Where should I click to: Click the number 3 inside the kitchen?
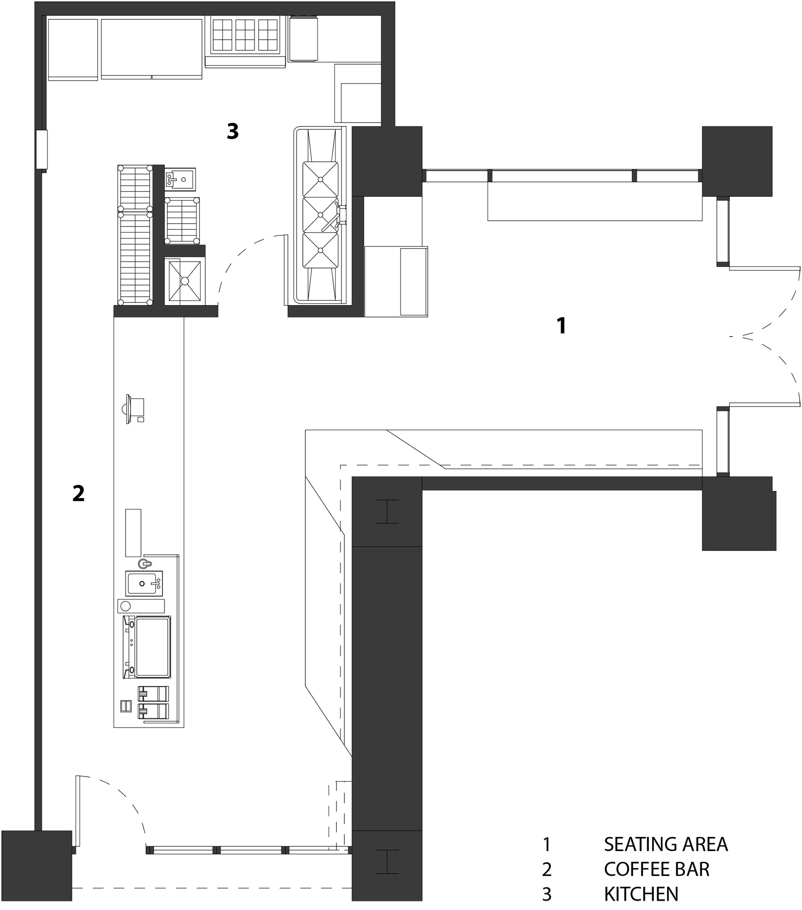click(x=233, y=131)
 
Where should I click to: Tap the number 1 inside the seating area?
click(x=561, y=326)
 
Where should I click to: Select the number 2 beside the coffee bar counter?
click(x=78, y=493)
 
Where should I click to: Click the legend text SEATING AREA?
click(x=666, y=844)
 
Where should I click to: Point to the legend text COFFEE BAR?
click(x=657, y=869)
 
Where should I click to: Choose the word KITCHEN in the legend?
click(x=641, y=894)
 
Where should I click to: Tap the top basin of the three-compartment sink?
click(x=320, y=179)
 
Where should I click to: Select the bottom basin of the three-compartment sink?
click(x=320, y=251)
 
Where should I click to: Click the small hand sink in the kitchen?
click(x=180, y=179)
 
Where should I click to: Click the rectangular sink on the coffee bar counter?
click(x=144, y=583)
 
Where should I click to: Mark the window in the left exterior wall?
click(x=42, y=150)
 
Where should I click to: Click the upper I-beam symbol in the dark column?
click(x=387, y=511)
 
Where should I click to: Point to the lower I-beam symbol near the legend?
click(x=387, y=862)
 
